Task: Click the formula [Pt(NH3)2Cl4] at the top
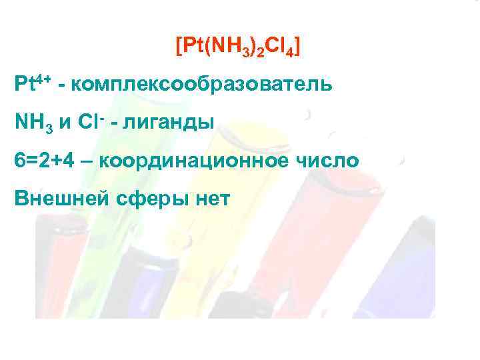(x=237, y=47)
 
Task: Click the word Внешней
(x=56, y=199)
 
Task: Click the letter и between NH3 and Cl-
(x=65, y=124)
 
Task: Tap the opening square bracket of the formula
(x=178, y=47)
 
